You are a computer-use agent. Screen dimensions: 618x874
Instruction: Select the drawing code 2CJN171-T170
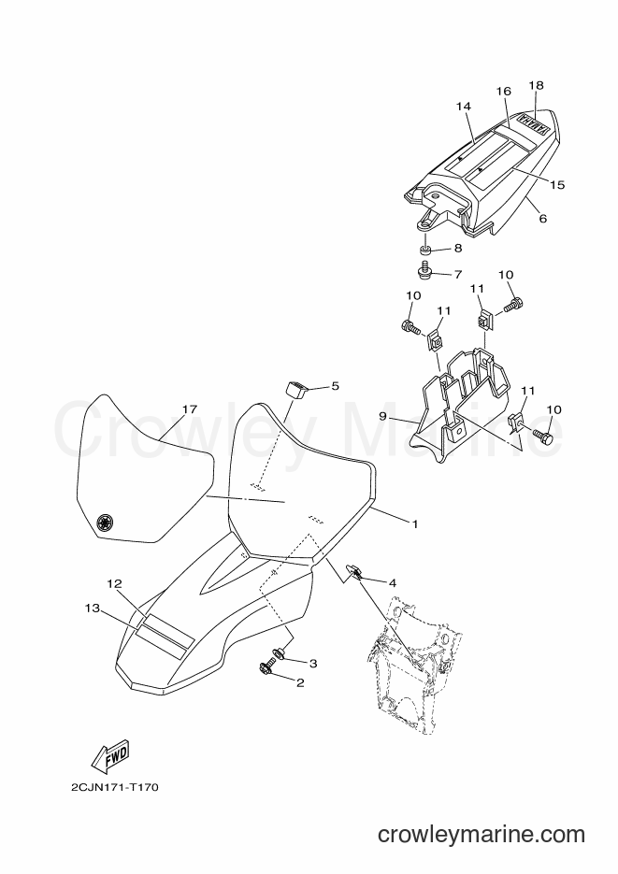coord(115,788)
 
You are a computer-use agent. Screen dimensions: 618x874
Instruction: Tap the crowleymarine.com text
coord(481,835)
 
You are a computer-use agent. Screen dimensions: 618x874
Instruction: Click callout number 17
coord(190,409)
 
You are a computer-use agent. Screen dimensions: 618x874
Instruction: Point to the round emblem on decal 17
coord(104,523)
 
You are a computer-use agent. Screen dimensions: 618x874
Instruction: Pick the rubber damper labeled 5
coord(298,390)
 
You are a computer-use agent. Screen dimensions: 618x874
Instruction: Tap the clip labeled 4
coord(353,571)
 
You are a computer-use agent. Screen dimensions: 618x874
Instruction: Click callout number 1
coord(414,524)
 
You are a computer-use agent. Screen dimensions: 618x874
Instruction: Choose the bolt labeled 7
coord(424,271)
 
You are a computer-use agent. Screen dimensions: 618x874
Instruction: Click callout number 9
coord(398,416)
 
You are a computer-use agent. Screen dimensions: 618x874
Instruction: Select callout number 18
coord(536,85)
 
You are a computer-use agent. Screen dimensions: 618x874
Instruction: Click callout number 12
coord(114,583)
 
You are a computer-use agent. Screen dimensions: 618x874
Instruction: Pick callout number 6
coord(543,219)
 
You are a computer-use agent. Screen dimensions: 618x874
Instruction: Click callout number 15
coord(557,184)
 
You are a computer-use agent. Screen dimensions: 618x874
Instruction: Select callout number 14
coord(464,106)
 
